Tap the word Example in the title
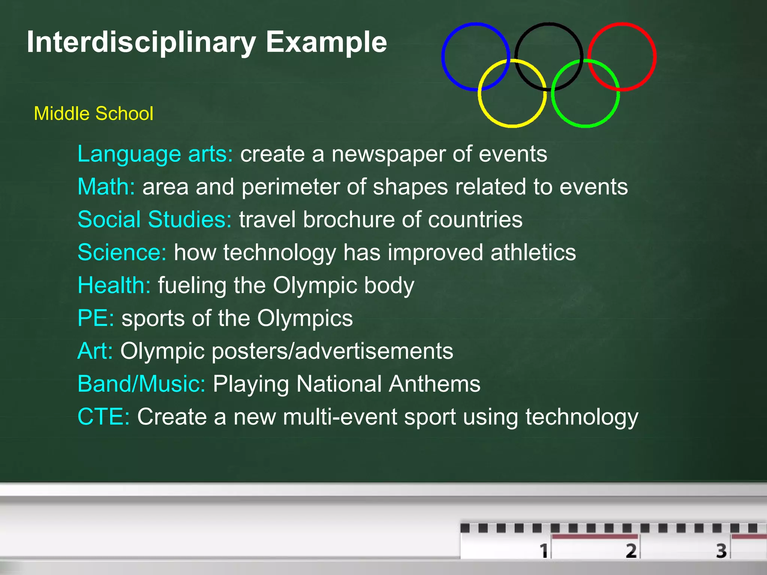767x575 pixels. tap(326, 42)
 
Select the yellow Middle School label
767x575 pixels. tap(94, 113)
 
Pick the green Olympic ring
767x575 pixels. tap(585, 126)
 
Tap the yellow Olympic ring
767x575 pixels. tap(512, 126)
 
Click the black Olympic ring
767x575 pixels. tap(549, 24)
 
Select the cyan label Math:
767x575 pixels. tap(106, 186)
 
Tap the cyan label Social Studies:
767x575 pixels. tap(154, 219)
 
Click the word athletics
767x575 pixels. tap(533, 252)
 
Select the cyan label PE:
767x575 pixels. tap(96, 318)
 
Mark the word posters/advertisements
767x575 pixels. tap(332, 351)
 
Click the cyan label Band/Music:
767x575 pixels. tap(141, 384)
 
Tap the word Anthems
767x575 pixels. tap(434, 384)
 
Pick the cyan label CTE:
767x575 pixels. tap(103, 417)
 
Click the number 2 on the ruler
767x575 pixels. tap(631, 550)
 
